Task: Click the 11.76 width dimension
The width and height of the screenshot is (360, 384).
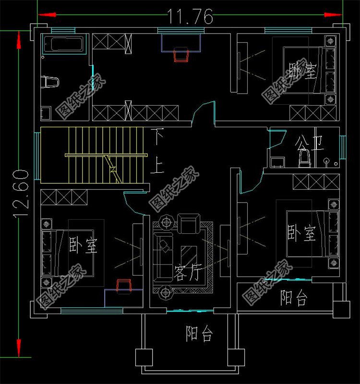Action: tap(190, 17)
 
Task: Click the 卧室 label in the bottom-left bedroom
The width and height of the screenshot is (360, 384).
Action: tap(83, 246)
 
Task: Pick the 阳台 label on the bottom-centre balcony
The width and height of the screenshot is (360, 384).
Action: tap(199, 334)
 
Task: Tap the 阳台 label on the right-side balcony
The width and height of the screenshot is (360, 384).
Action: tap(293, 299)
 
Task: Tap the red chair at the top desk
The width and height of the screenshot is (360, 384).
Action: tap(181, 55)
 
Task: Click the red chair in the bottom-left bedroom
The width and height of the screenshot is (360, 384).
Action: tap(124, 285)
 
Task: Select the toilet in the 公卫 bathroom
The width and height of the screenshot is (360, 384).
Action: tap(303, 157)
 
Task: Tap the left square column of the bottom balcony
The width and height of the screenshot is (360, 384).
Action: tap(144, 357)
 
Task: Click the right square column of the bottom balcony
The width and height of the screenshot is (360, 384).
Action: tap(236, 357)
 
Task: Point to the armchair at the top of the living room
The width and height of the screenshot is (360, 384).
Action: tap(187, 223)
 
